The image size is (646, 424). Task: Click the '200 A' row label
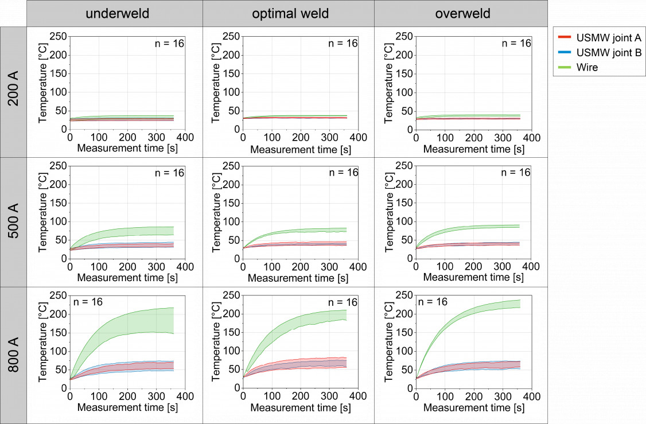click(13, 92)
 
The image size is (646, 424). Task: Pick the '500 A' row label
click(13, 222)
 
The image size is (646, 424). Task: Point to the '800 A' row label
click(13, 352)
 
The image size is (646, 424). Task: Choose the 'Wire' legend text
click(588, 67)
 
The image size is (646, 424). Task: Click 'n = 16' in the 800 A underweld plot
click(87, 302)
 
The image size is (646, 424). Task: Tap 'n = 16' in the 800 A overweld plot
click(433, 302)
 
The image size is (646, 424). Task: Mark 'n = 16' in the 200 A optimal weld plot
click(342, 43)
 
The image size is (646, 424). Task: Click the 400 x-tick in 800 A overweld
click(531, 396)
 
